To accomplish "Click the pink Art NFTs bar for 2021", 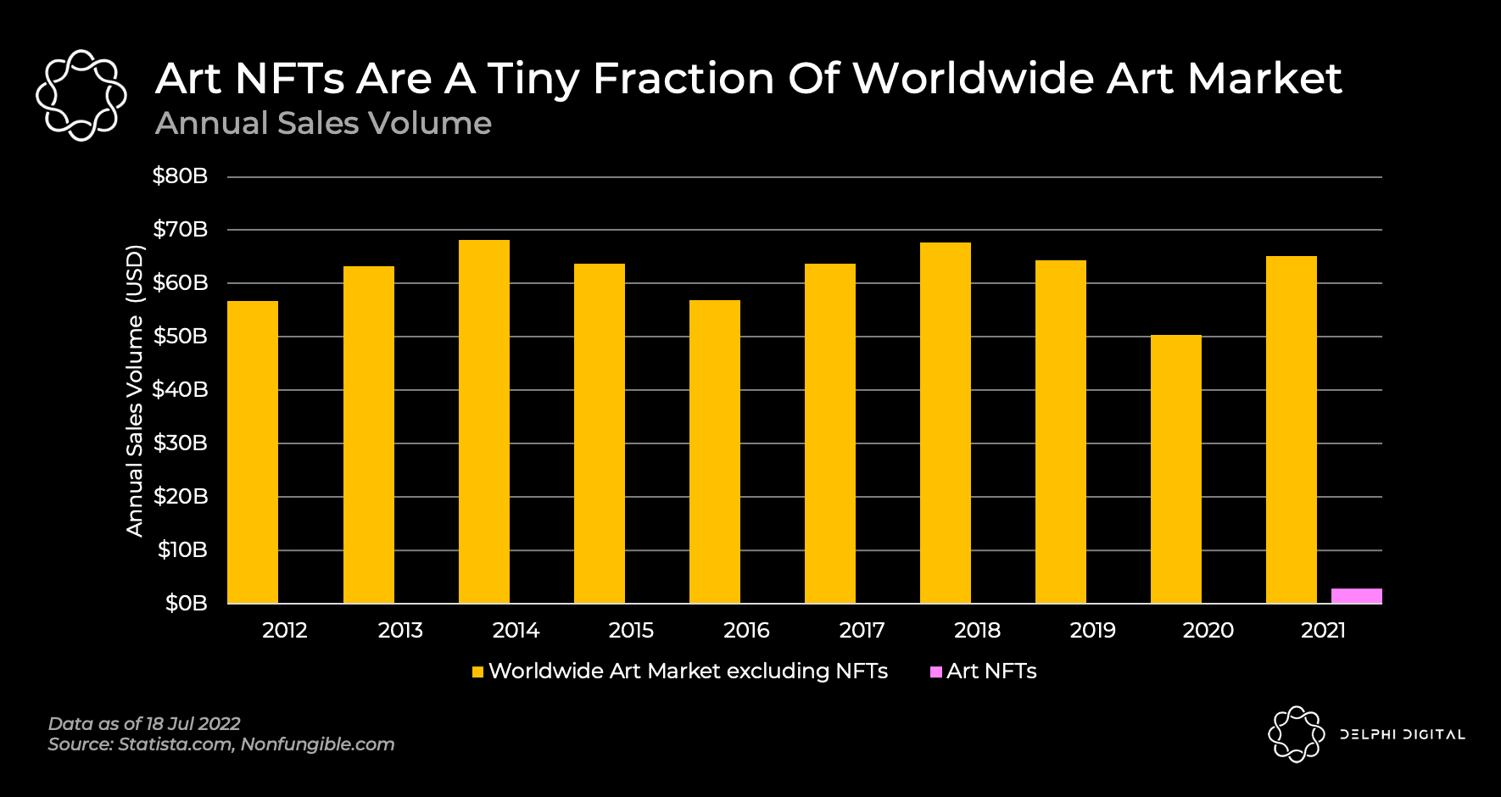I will (1356, 596).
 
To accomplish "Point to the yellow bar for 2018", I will (946, 423).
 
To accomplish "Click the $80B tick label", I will (180, 176).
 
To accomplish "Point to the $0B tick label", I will (186, 604).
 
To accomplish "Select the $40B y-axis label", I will (180, 390).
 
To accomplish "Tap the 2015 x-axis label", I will (631, 631).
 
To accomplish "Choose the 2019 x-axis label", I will (1092, 631).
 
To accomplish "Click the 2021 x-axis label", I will (1323, 631).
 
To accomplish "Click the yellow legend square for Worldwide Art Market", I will (478, 672).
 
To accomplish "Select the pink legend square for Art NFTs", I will (936, 672).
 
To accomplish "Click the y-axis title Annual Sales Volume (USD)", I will (135, 390).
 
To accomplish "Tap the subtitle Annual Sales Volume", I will (323, 124).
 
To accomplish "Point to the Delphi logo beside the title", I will (81, 95).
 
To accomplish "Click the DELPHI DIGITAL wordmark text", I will (1403, 734).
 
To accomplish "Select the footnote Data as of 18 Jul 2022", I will (144, 724).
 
